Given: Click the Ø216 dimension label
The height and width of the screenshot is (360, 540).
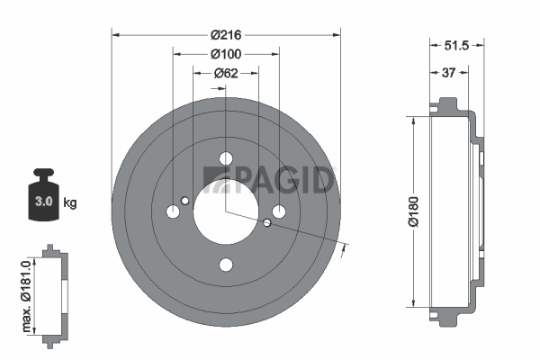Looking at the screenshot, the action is (226, 35).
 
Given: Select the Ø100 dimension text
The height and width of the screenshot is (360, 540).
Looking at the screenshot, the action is (226, 54).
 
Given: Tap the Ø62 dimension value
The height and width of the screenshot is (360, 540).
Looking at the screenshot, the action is (226, 73).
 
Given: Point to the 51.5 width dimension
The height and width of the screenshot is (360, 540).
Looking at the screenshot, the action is (456, 45).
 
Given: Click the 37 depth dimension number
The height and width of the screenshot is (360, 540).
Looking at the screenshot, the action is (448, 73).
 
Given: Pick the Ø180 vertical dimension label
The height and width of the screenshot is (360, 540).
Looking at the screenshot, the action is (413, 211).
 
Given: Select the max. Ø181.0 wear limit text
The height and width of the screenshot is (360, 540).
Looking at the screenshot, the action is (26, 296).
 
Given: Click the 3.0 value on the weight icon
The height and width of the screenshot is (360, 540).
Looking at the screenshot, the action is (43, 202).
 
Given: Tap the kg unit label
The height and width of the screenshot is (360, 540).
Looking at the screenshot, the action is (70, 202).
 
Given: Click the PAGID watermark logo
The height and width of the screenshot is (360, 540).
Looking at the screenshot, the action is (268, 180).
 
